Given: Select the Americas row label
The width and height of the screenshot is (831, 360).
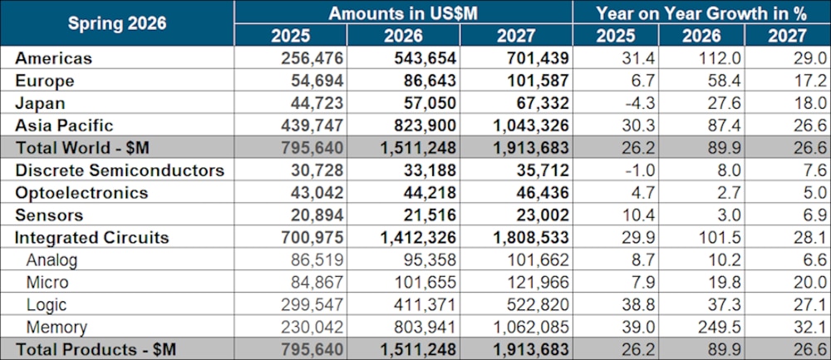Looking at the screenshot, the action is pyautogui.click(x=53, y=58).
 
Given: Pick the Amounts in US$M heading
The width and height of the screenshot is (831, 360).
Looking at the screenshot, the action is pyautogui.click(x=403, y=13).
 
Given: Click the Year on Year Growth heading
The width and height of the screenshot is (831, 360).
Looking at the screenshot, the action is pyautogui.click(x=701, y=13).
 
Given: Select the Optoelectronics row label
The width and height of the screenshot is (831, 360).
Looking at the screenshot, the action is pyautogui.click(x=81, y=192).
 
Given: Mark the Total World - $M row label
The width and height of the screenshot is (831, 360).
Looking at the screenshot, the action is pyautogui.click(x=82, y=148).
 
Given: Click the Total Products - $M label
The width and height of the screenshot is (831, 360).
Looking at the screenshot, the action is pyautogui.click(x=96, y=350).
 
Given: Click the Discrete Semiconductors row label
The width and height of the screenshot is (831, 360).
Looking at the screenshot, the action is pyautogui.click(x=120, y=170).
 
